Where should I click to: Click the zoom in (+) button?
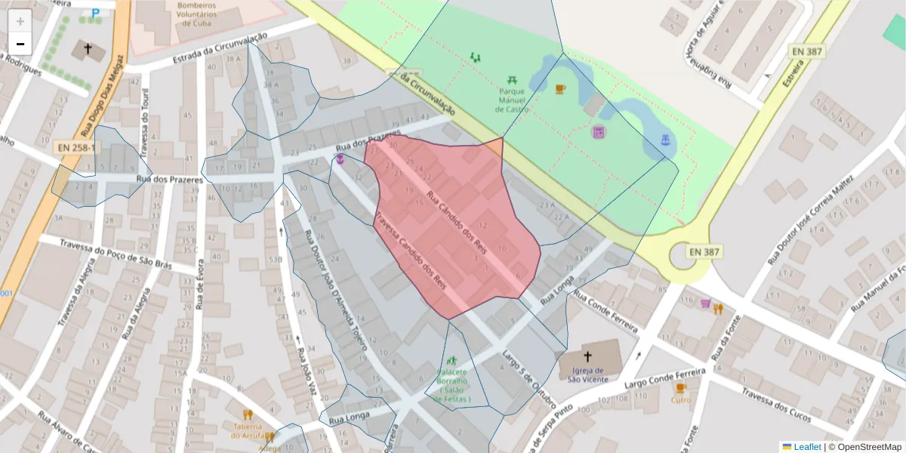pyautogui.click(x=20, y=21)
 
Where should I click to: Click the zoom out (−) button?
pyautogui.click(x=20, y=44)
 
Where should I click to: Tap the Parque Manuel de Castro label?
pyautogui.click(x=512, y=100)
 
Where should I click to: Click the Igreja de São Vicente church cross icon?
pyautogui.click(x=587, y=356)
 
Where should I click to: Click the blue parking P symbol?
pyautogui.click(x=95, y=13)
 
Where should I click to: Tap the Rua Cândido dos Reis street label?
pyautogui.click(x=456, y=218)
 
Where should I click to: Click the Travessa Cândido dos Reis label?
pyautogui.click(x=410, y=250)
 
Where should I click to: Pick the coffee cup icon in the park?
pyautogui.click(x=559, y=89)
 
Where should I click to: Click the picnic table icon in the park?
pyautogui.click(x=513, y=79)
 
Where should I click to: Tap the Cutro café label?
pyautogui.click(x=680, y=400)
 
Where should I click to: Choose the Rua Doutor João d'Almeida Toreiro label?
pyautogui.click(x=335, y=290)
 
